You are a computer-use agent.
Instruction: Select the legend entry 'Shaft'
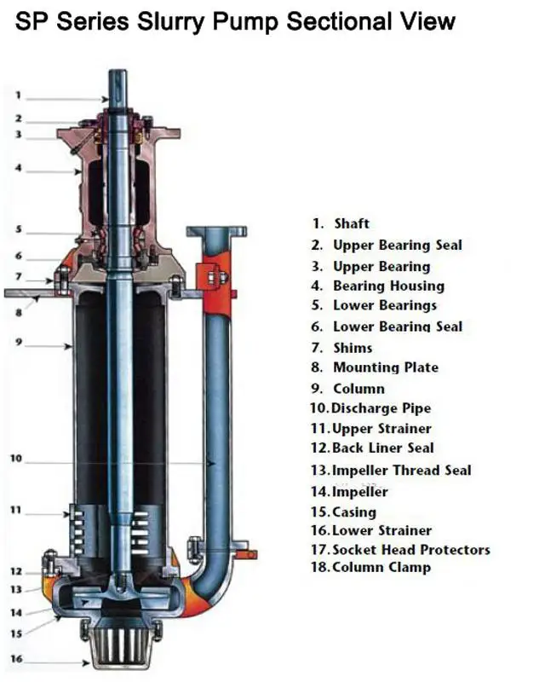351,223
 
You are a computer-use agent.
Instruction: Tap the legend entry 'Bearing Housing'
388,286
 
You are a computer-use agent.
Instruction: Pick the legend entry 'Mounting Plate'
385,367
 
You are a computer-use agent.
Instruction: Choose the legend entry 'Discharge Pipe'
381,408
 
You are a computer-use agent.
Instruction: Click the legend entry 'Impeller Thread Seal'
400,470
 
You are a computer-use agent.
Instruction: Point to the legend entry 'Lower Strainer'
381,530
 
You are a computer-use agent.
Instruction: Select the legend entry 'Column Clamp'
381,567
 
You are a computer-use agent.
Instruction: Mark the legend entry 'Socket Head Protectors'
410,550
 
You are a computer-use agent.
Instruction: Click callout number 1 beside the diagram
18,96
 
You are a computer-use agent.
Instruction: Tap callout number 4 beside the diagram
18,168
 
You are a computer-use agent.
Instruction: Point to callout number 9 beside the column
18,344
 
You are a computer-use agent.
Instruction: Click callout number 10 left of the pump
16,459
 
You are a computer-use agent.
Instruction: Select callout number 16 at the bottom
16,658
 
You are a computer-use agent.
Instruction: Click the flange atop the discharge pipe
216,231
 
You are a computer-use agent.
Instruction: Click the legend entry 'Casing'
353,511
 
